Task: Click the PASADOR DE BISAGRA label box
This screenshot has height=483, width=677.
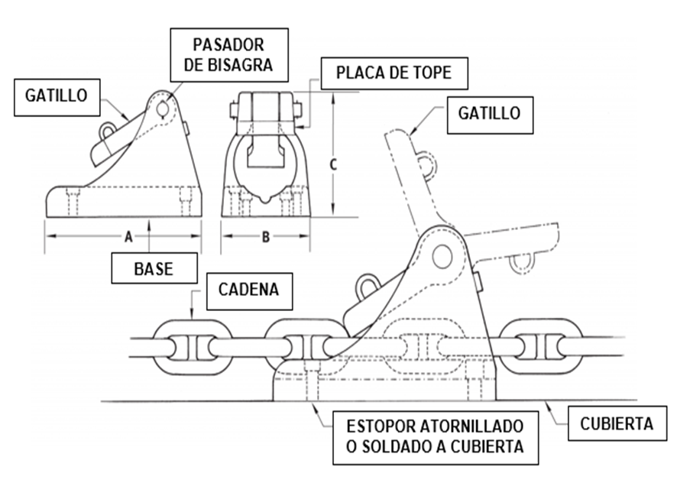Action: coord(228,55)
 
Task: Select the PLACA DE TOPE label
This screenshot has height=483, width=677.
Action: coord(394,73)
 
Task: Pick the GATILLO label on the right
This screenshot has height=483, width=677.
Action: coord(490,114)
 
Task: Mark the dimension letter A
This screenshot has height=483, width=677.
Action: coord(129,237)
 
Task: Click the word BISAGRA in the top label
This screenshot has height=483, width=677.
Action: coord(239,64)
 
